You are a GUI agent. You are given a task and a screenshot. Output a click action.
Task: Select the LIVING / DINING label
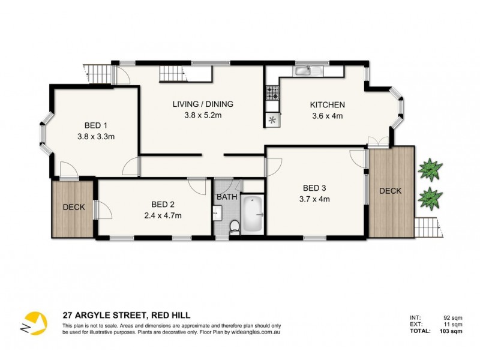click(203, 104)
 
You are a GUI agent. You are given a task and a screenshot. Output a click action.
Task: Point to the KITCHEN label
click(327, 105)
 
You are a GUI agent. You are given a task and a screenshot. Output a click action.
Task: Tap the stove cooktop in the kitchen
click(272, 94)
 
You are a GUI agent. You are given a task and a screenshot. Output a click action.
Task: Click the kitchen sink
click(302, 71)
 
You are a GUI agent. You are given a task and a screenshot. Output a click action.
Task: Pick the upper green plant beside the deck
click(430, 169)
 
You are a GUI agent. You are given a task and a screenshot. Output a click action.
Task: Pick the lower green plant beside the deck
click(430, 197)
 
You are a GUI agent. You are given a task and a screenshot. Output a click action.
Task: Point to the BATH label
click(227, 197)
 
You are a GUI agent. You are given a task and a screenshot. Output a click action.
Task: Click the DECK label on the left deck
click(74, 208)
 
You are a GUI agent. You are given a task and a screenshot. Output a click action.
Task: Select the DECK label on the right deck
click(390, 191)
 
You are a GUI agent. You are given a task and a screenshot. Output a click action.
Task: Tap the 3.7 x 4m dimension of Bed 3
click(315, 199)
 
